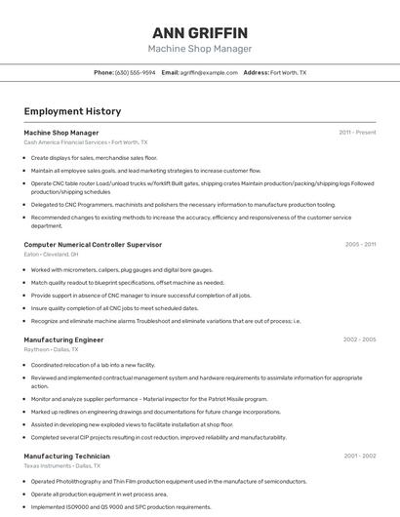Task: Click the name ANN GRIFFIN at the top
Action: coord(200,32)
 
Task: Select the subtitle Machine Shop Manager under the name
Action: coord(200,49)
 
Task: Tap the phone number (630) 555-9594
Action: coord(135,72)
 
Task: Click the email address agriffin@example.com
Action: coord(209,72)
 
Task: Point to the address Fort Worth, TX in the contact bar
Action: coord(288,72)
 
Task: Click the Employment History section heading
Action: coord(72,111)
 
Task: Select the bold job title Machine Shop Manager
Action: coord(60,132)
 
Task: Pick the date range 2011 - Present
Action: coord(357,132)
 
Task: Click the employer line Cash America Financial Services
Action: coord(86,142)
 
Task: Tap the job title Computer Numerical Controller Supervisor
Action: coord(93,244)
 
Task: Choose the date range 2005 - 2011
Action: coord(360,244)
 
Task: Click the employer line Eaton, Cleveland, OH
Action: coord(51,254)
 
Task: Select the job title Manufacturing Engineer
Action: coord(63,339)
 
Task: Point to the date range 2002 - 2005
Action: coord(359,339)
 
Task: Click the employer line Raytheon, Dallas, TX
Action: coord(51,349)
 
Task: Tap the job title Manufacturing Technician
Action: coord(66,456)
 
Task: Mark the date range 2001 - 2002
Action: coord(359,456)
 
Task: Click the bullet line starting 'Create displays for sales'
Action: coord(94,157)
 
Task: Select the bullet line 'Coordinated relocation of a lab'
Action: coord(93,365)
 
